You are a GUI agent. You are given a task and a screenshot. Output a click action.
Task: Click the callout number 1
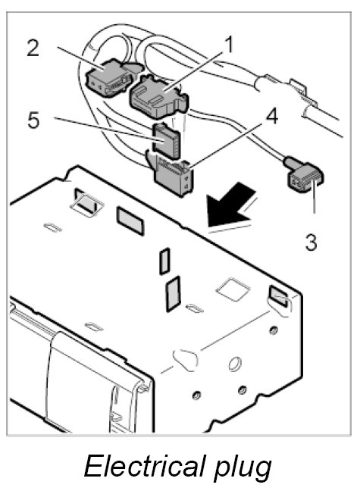[x=228, y=45]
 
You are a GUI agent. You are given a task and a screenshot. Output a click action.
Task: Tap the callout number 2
[x=33, y=48]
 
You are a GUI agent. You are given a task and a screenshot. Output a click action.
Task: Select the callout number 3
[x=311, y=242]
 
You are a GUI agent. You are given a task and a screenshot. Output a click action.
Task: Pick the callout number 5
[x=33, y=120]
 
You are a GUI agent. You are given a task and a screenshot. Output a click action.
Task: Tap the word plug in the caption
[x=243, y=468]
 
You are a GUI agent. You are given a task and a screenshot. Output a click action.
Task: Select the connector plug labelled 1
[x=158, y=95]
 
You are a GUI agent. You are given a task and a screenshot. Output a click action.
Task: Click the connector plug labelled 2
[x=109, y=77]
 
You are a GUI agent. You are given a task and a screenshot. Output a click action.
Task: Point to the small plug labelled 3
[x=305, y=175]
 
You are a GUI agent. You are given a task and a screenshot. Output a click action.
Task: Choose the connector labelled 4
[x=173, y=177]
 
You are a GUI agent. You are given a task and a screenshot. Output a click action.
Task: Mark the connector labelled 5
[x=166, y=141]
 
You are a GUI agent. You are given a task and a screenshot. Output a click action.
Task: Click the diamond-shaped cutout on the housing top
[x=233, y=289]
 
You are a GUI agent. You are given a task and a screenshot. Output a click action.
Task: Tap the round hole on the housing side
[x=235, y=364]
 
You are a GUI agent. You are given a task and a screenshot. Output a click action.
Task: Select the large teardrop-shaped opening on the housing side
[x=186, y=360]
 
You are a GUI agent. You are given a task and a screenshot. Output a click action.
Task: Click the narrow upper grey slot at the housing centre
[x=164, y=261]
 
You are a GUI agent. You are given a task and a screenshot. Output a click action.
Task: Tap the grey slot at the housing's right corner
[x=279, y=295]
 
